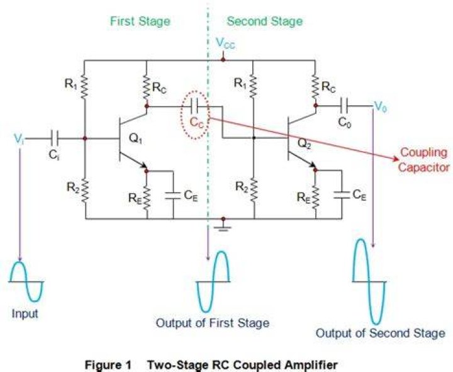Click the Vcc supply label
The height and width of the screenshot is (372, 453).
pos(226,43)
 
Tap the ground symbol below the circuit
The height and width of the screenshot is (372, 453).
pos(223,227)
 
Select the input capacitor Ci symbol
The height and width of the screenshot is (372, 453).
pos(53,138)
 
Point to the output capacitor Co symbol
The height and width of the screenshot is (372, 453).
pos(344,106)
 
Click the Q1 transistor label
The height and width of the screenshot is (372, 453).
pos(135,139)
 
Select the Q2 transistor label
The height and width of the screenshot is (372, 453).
pos(305,144)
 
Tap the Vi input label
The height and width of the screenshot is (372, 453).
pos(19,139)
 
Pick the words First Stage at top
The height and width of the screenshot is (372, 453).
pos(140,21)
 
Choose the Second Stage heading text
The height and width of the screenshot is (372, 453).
pos(265,21)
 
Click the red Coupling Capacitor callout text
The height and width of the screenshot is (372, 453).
pos(424,160)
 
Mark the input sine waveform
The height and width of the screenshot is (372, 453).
pos(26,281)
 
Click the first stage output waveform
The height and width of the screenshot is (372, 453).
pos(213,281)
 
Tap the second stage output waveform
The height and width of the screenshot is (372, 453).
pos(369,281)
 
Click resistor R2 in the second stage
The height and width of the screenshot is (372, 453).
pos(254,189)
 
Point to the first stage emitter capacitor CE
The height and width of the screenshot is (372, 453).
pos(173,195)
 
